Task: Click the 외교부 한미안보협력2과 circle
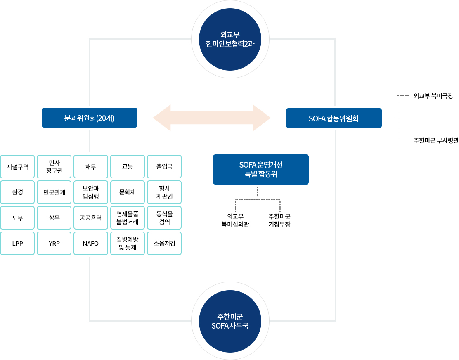(x=230, y=39)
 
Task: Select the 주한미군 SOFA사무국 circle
(x=230, y=321)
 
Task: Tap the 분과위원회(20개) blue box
(x=90, y=118)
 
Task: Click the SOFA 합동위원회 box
(x=334, y=118)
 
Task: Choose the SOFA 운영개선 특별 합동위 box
(x=261, y=169)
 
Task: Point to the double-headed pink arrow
(x=212, y=118)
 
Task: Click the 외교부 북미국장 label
(x=433, y=96)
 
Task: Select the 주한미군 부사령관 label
(x=436, y=140)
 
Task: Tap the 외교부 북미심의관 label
(x=235, y=220)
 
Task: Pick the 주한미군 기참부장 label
(x=279, y=220)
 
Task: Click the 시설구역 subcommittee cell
(x=18, y=166)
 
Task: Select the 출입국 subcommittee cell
(x=164, y=166)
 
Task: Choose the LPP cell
(x=18, y=243)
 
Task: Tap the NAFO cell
(x=91, y=243)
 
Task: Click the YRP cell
(x=54, y=243)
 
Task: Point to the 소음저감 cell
(x=164, y=243)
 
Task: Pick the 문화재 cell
(x=128, y=192)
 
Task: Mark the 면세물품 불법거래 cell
(x=128, y=218)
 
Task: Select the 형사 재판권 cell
(x=164, y=192)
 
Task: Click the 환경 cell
(x=18, y=192)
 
